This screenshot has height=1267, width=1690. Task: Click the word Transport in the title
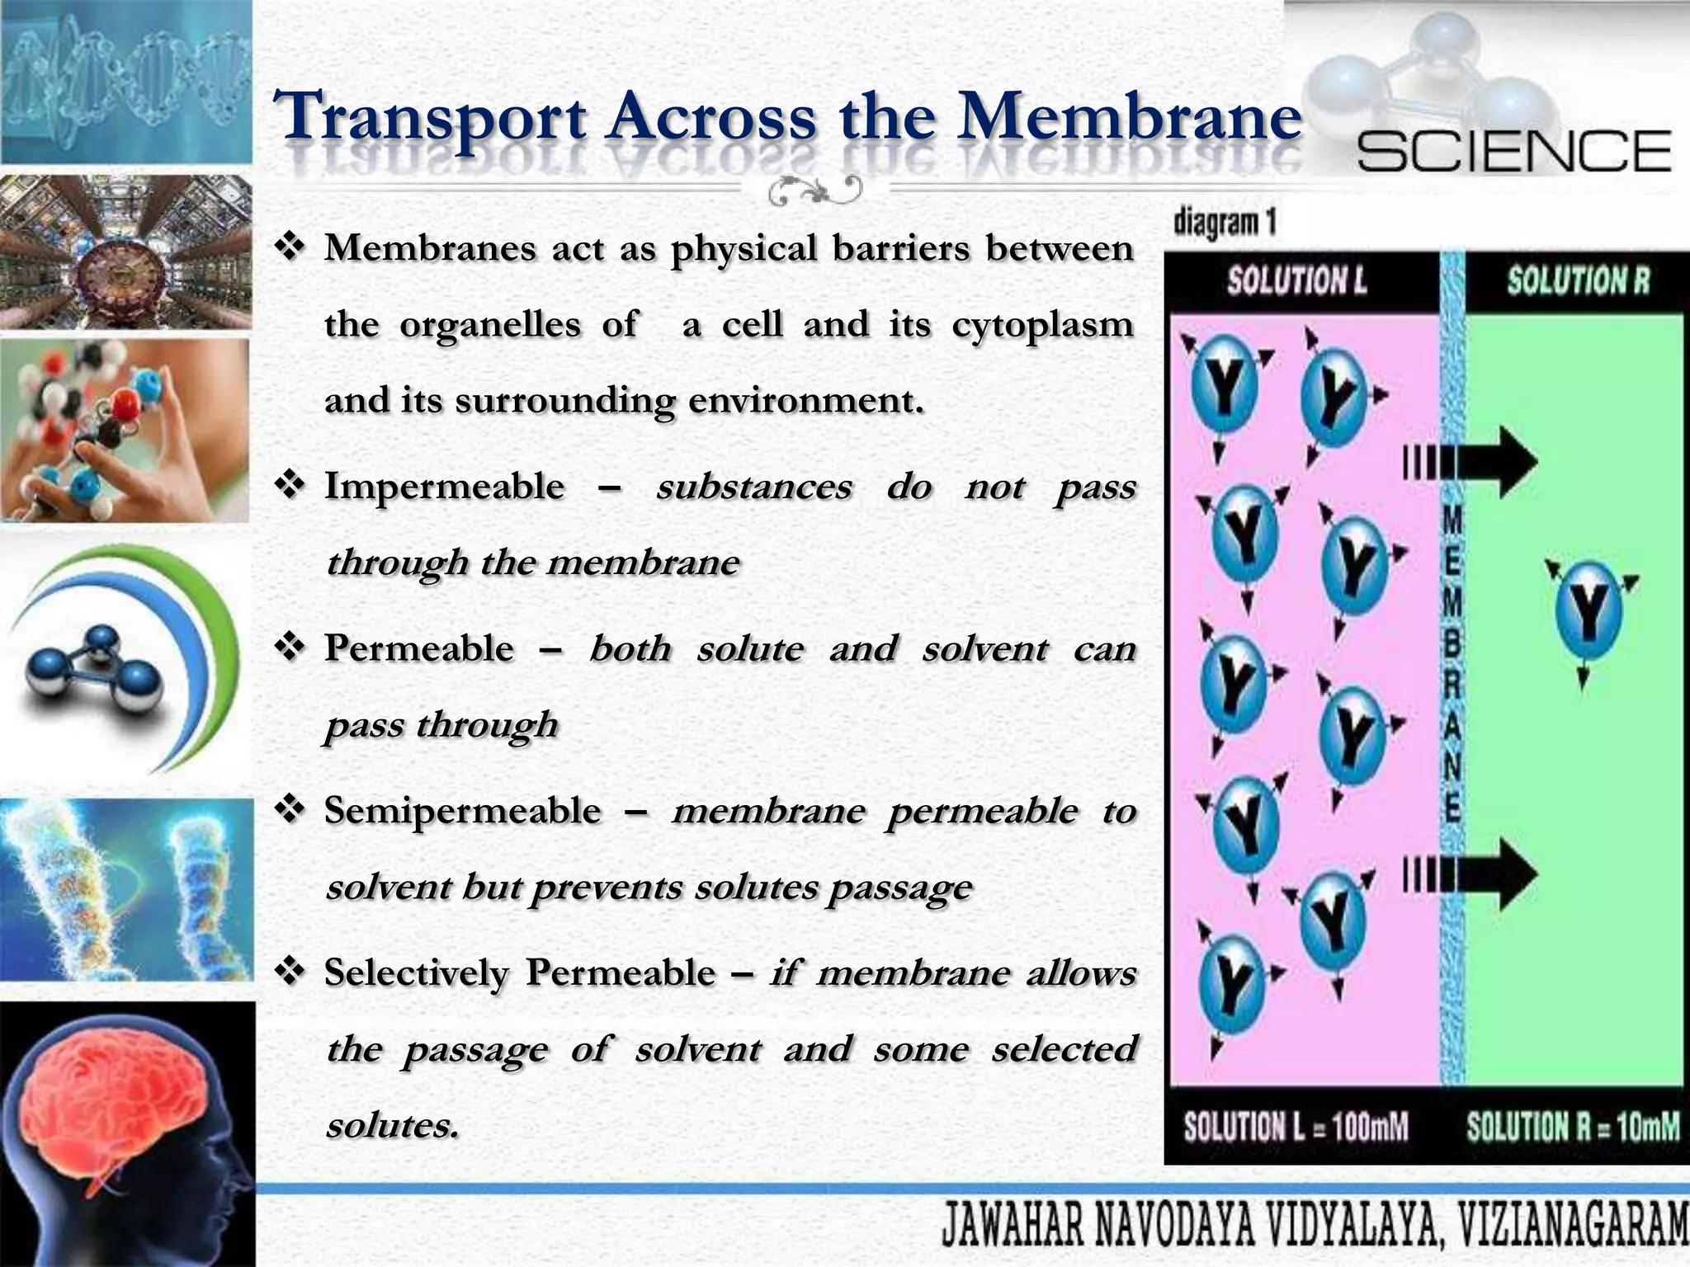pos(430,118)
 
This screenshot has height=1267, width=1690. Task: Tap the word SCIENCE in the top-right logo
pos(1513,152)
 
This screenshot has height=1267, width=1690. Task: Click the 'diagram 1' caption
pos(1225,223)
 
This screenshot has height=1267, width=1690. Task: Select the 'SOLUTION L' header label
pos(1296,281)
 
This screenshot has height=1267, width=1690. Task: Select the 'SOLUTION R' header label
pos(1578,281)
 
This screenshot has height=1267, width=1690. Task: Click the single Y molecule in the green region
pos(1589,611)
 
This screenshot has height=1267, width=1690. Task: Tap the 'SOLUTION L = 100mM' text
pos(1296,1127)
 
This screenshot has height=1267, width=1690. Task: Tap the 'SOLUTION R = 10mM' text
pos(1573,1127)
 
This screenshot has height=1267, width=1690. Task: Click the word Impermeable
pos(444,486)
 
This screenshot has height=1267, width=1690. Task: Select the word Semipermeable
pos(462,811)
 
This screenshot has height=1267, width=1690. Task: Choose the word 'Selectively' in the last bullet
pos(416,973)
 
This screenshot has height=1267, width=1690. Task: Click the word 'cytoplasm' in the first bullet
pos(1042,324)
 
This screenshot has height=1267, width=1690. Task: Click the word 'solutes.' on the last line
pos(392,1125)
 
